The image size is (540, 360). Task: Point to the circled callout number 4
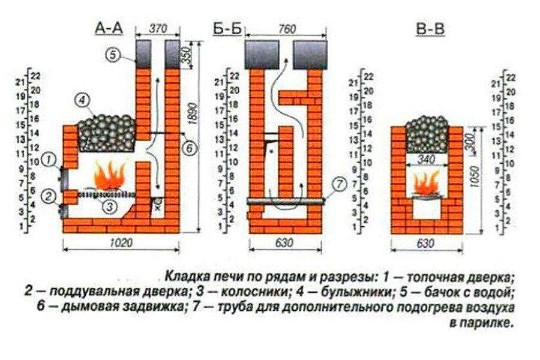click(83, 99)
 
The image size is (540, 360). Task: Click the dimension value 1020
click(122, 242)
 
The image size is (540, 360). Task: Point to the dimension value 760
click(287, 28)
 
